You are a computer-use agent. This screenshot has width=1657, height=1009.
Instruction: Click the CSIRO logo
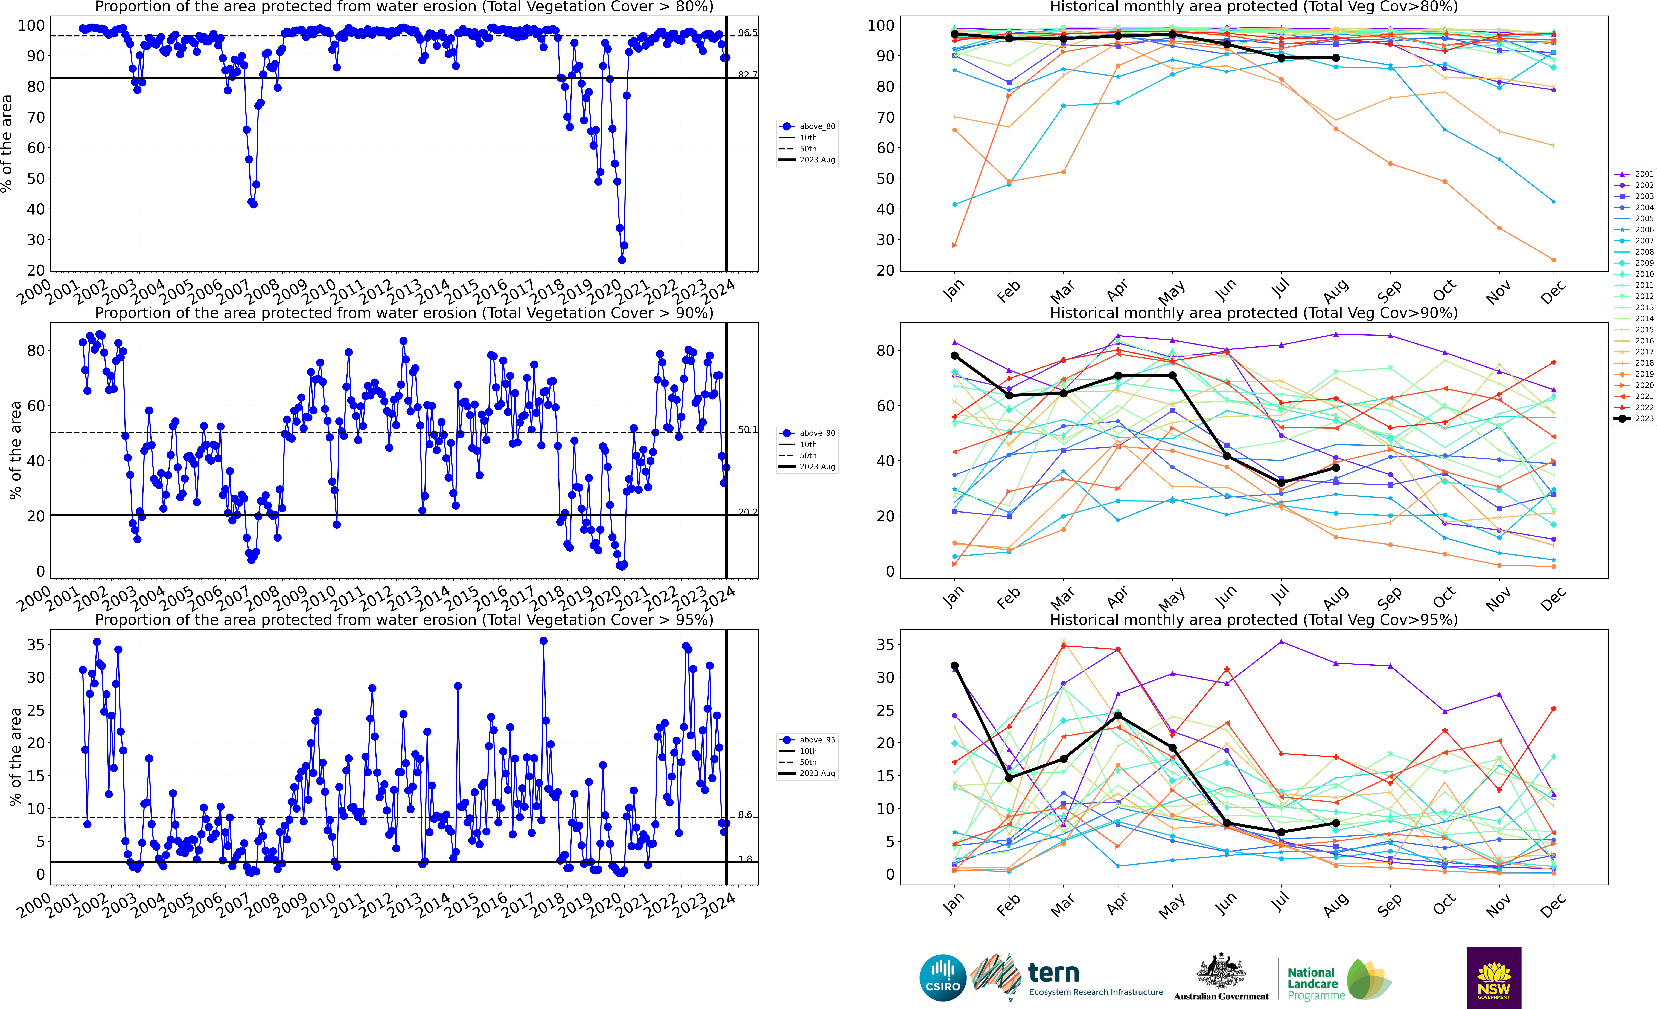943,977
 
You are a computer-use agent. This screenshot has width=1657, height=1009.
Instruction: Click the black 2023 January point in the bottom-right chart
954,665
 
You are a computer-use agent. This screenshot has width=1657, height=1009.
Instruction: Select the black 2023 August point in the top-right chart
1336,58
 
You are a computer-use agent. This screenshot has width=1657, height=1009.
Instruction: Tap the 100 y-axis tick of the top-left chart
31,26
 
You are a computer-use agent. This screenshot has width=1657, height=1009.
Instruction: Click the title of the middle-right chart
1254,313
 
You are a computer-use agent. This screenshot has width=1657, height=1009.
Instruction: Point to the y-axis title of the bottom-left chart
15,757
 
